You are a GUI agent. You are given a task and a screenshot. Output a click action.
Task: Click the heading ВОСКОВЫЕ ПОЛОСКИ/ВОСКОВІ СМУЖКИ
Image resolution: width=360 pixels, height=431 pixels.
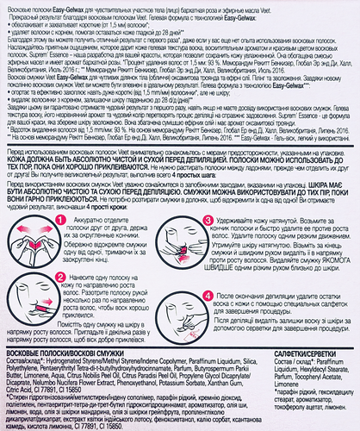pyautogui.click(x=77, y=353)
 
